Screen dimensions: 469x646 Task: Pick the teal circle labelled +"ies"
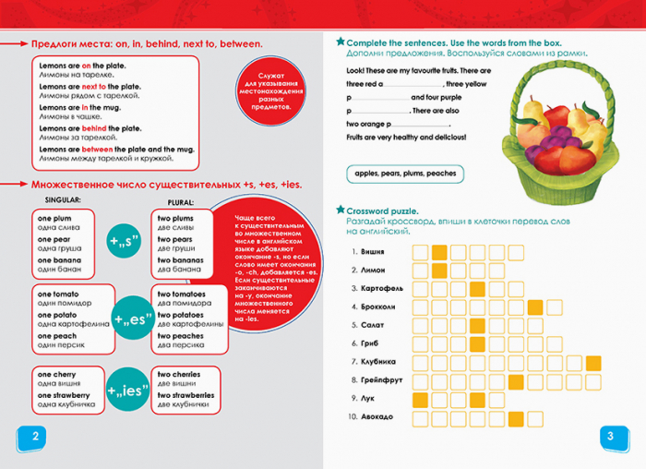(x=128, y=389)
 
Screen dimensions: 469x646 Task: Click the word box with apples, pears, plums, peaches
(x=404, y=174)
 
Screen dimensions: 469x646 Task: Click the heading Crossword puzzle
(x=382, y=211)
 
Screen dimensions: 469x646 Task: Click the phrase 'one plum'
(x=55, y=217)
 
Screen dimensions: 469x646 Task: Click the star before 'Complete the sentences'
(x=340, y=42)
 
